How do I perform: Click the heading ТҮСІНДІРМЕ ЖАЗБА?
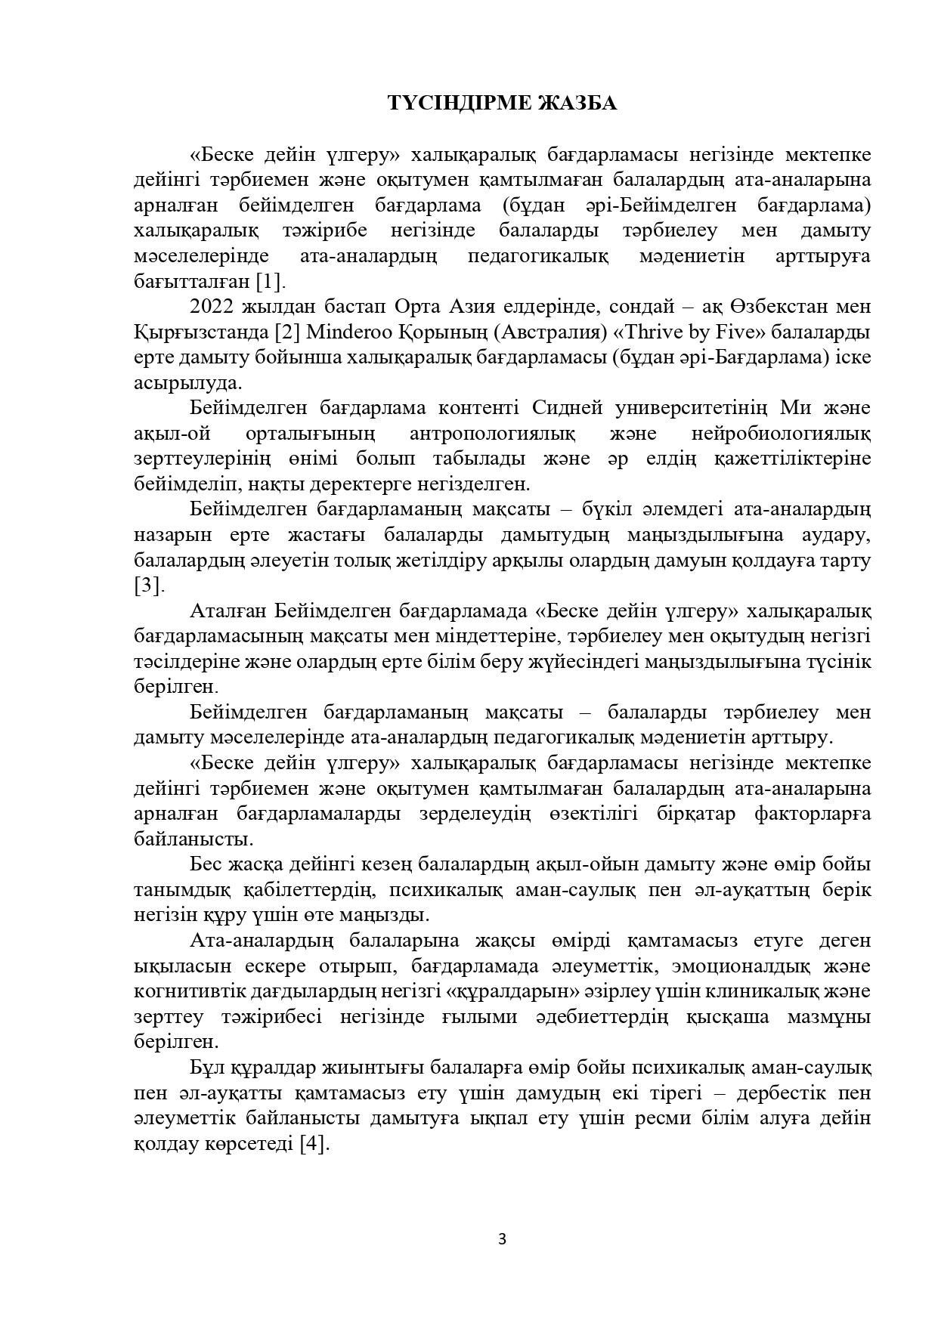pyautogui.click(x=502, y=104)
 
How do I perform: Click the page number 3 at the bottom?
pyautogui.click(x=502, y=1238)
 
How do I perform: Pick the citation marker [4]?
pyautogui.click(x=314, y=1143)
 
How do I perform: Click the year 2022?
pyautogui.click(x=214, y=307)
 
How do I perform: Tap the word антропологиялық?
pyautogui.click(x=492, y=434)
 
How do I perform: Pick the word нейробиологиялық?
pyautogui.click(x=781, y=434)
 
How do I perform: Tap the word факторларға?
pyautogui.click(x=813, y=814)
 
